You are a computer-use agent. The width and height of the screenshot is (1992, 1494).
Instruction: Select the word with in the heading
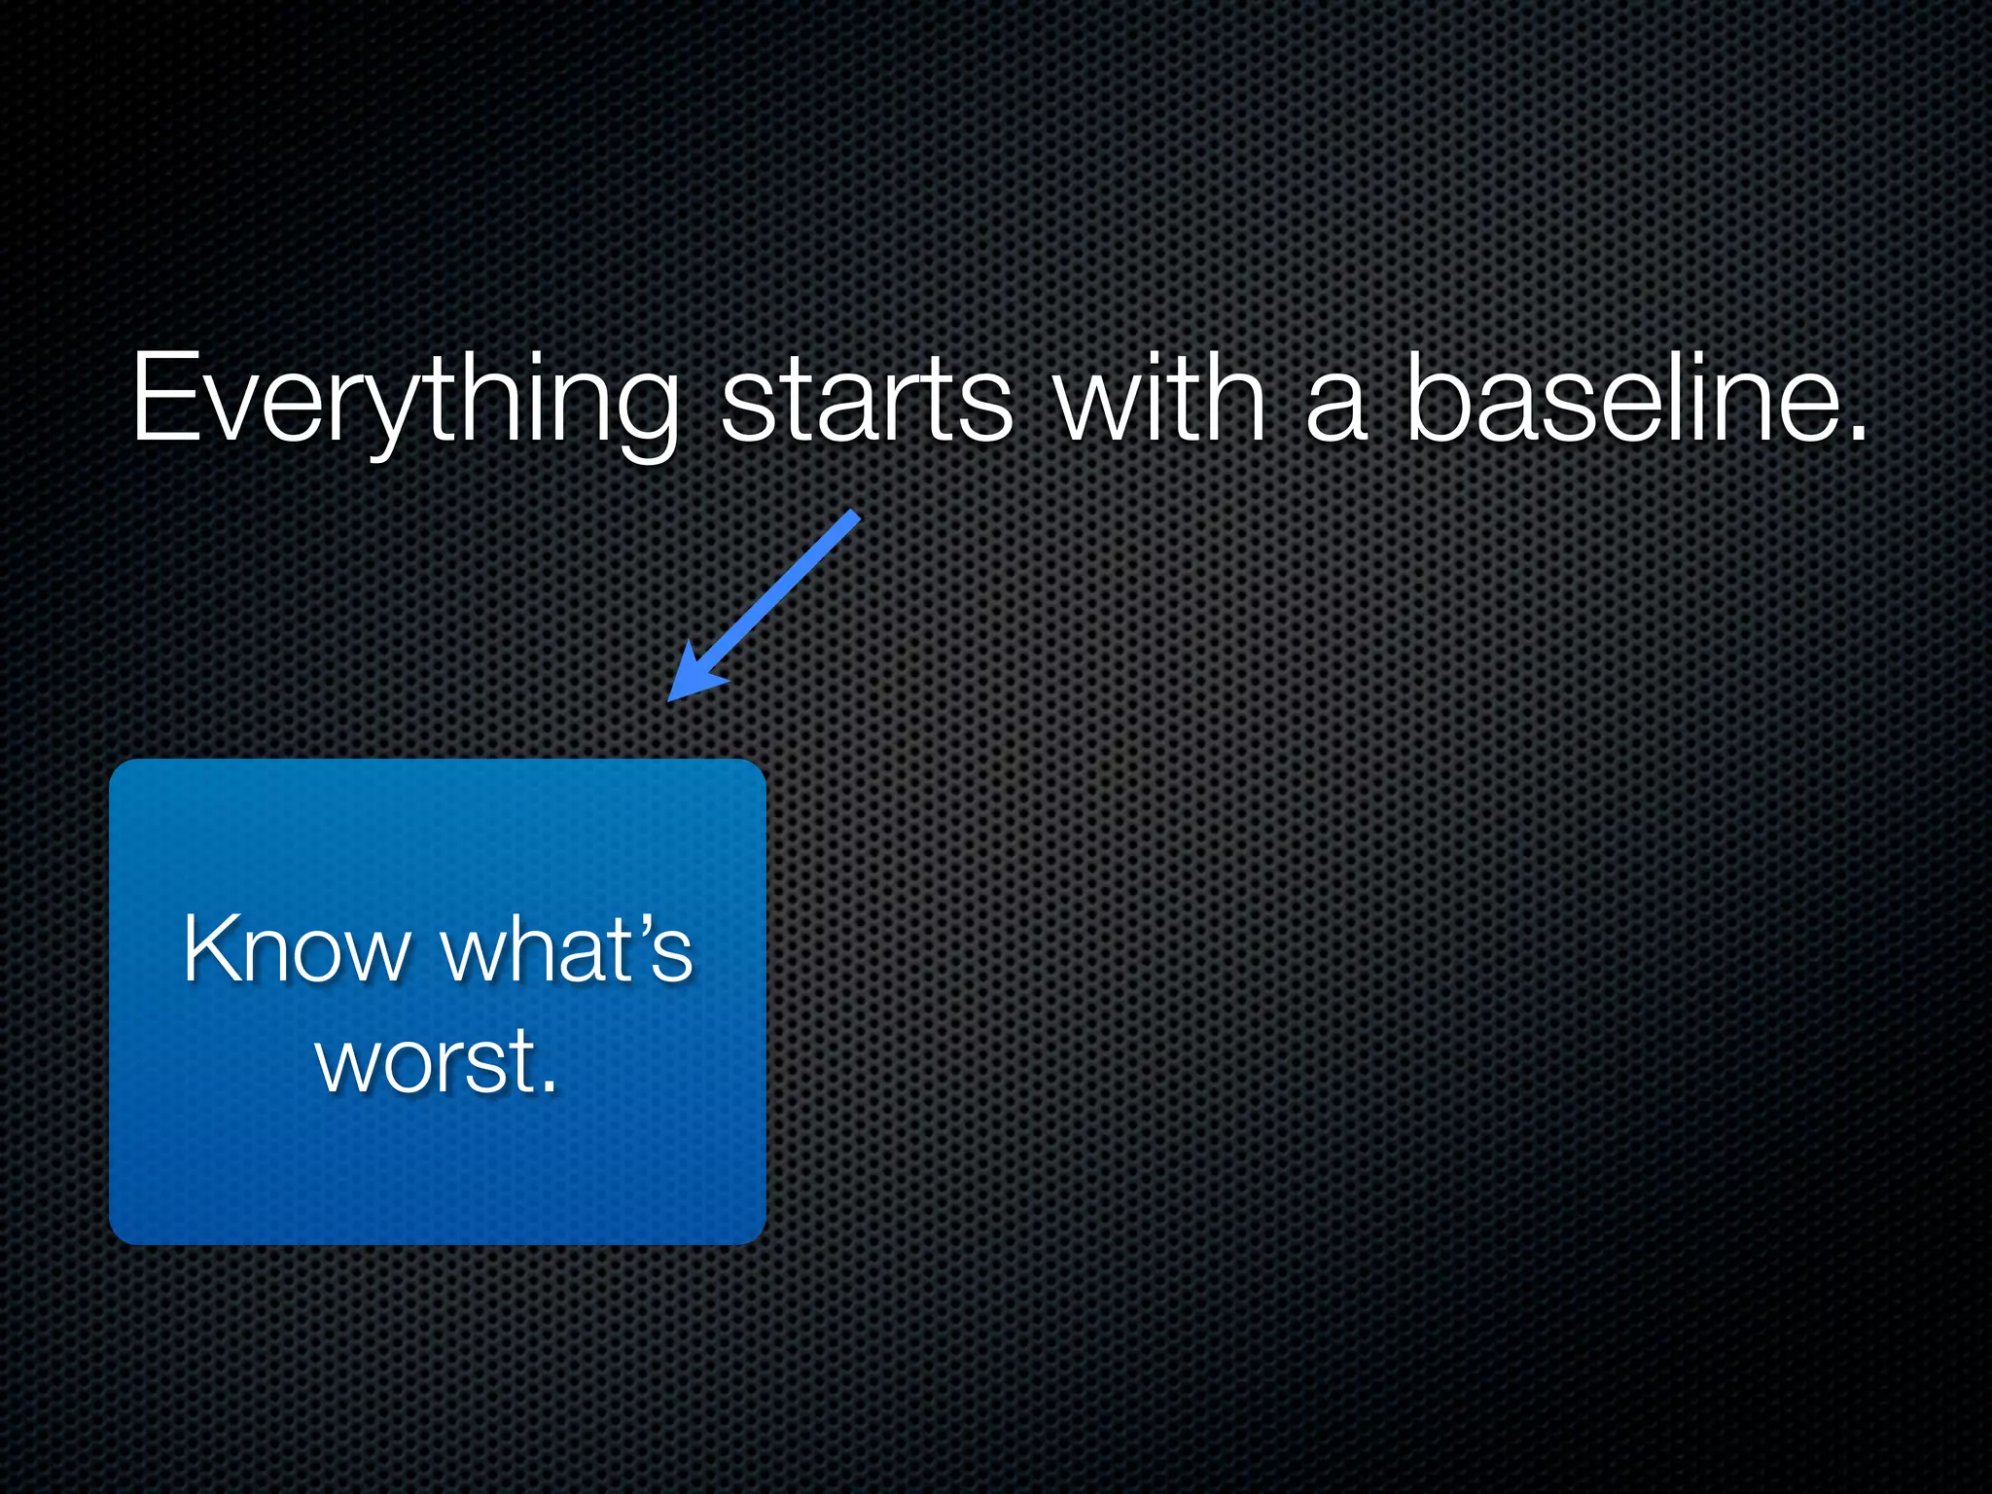pos(1160,399)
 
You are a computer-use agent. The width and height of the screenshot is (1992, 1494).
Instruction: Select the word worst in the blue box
pos(426,1060)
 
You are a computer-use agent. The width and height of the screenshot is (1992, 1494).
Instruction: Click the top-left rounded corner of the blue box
pos(119,768)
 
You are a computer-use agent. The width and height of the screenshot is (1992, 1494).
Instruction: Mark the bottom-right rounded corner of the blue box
pos(757,1234)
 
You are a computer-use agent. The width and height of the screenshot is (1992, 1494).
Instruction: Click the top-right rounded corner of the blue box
pos(757,768)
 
